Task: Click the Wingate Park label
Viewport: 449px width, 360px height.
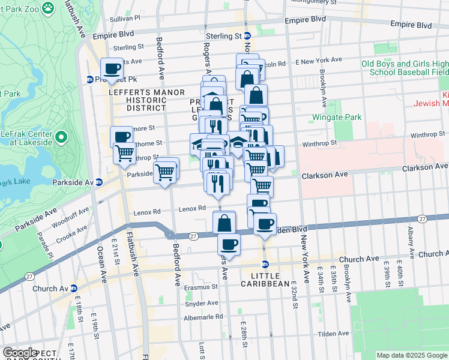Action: point(337,117)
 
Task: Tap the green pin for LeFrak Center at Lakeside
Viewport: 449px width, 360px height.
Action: point(61,139)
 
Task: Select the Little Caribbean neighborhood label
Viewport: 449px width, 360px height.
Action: point(265,279)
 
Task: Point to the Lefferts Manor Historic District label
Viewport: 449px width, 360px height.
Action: point(137,100)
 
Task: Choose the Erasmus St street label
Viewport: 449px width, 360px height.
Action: point(200,287)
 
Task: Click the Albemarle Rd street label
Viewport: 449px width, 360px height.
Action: point(203,317)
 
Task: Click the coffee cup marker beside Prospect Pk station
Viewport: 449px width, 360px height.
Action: point(112,70)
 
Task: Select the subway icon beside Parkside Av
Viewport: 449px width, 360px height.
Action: point(99,182)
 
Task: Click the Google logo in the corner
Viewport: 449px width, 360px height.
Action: point(19,353)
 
